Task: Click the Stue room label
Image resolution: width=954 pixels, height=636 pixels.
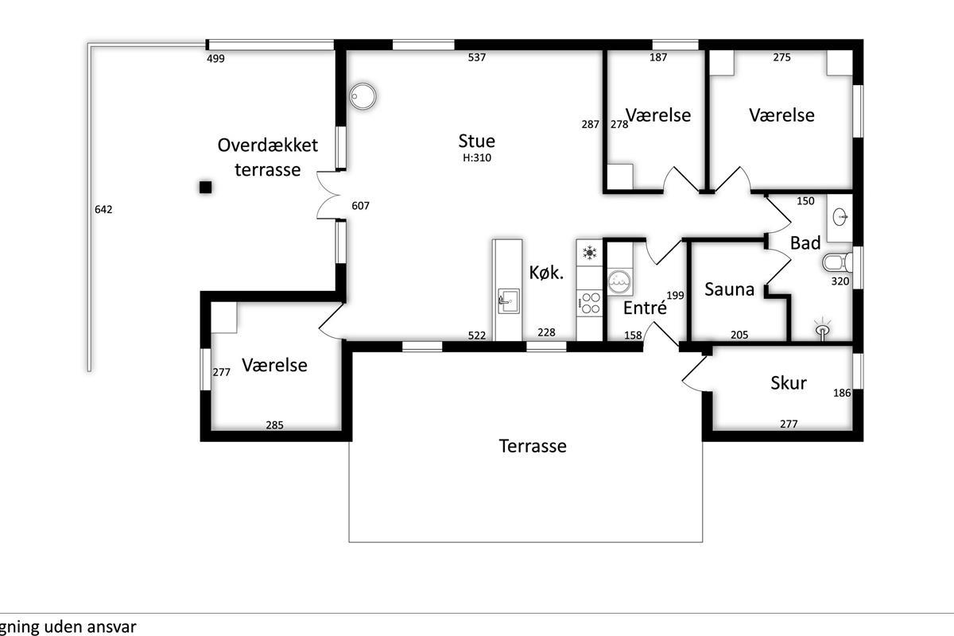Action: click(x=476, y=141)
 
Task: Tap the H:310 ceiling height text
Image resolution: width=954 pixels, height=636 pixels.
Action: click(x=477, y=157)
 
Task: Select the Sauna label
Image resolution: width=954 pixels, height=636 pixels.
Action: click(x=729, y=289)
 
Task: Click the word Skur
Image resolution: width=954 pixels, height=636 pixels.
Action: click(x=789, y=383)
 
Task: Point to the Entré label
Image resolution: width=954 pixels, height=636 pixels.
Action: click(x=645, y=308)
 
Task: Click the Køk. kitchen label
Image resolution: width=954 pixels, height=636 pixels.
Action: click(x=546, y=273)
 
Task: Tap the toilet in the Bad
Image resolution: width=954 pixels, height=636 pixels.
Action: click(x=837, y=262)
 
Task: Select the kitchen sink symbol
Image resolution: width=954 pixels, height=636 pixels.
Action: click(x=508, y=301)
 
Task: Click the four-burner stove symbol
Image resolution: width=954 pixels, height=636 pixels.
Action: click(x=589, y=303)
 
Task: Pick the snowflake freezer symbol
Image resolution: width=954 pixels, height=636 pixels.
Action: click(x=589, y=253)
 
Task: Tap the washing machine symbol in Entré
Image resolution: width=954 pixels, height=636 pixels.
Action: click(x=619, y=281)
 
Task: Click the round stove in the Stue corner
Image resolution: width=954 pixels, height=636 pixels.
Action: click(x=363, y=96)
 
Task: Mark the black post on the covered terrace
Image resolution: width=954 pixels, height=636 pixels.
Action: click(x=206, y=187)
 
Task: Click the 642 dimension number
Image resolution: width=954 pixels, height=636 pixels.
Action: click(x=103, y=209)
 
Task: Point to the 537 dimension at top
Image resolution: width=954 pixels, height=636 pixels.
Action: click(x=476, y=57)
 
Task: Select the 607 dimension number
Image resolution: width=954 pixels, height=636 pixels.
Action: click(x=360, y=206)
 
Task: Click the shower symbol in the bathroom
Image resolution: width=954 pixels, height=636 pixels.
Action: click(x=823, y=328)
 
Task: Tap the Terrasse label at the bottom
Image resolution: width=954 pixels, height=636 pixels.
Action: click(x=533, y=446)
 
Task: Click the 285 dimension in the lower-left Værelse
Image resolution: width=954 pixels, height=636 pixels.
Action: click(x=275, y=425)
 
